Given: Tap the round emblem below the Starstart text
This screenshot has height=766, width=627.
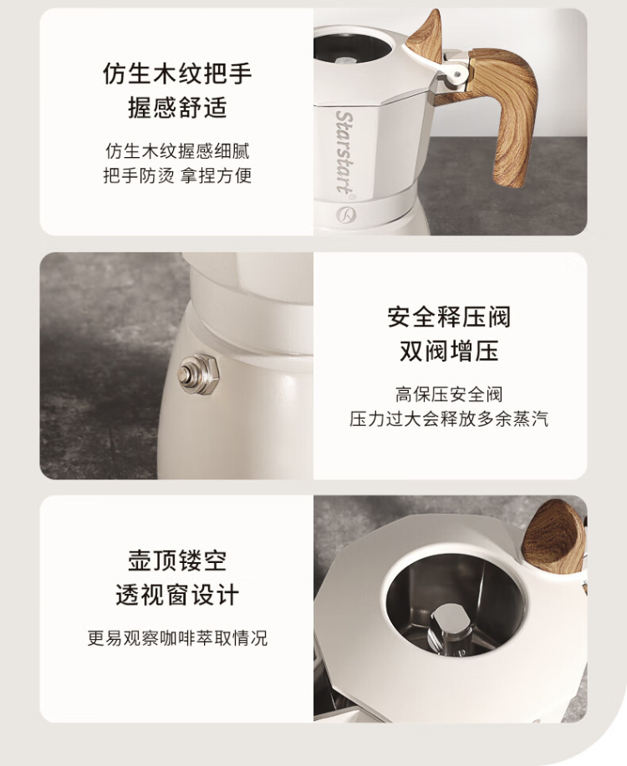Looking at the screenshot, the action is click(x=346, y=215).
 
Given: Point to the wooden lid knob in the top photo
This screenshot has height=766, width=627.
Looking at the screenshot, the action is click(x=426, y=36).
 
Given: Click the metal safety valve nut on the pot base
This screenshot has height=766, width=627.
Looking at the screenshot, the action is click(x=198, y=373).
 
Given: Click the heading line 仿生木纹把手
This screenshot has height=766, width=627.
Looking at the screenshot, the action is click(x=177, y=74).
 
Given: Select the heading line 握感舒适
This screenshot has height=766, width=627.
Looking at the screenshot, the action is click(x=177, y=108).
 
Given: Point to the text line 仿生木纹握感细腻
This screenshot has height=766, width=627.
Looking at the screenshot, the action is click(x=177, y=151).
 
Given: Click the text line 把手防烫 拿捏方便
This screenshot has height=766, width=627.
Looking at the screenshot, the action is click(x=177, y=175).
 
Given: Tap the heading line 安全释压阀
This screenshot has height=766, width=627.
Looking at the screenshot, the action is click(x=449, y=317).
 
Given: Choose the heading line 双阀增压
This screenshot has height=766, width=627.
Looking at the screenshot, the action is click(x=449, y=351).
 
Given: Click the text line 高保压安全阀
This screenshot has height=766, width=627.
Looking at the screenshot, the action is click(x=449, y=394).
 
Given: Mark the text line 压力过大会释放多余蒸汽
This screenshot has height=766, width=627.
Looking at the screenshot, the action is click(x=449, y=419).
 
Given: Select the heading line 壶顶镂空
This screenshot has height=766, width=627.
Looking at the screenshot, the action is click(x=177, y=561).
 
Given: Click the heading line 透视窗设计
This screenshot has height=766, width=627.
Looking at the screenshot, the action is click(x=177, y=595).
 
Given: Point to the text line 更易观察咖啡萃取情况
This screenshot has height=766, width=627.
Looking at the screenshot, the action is click(x=177, y=638).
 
